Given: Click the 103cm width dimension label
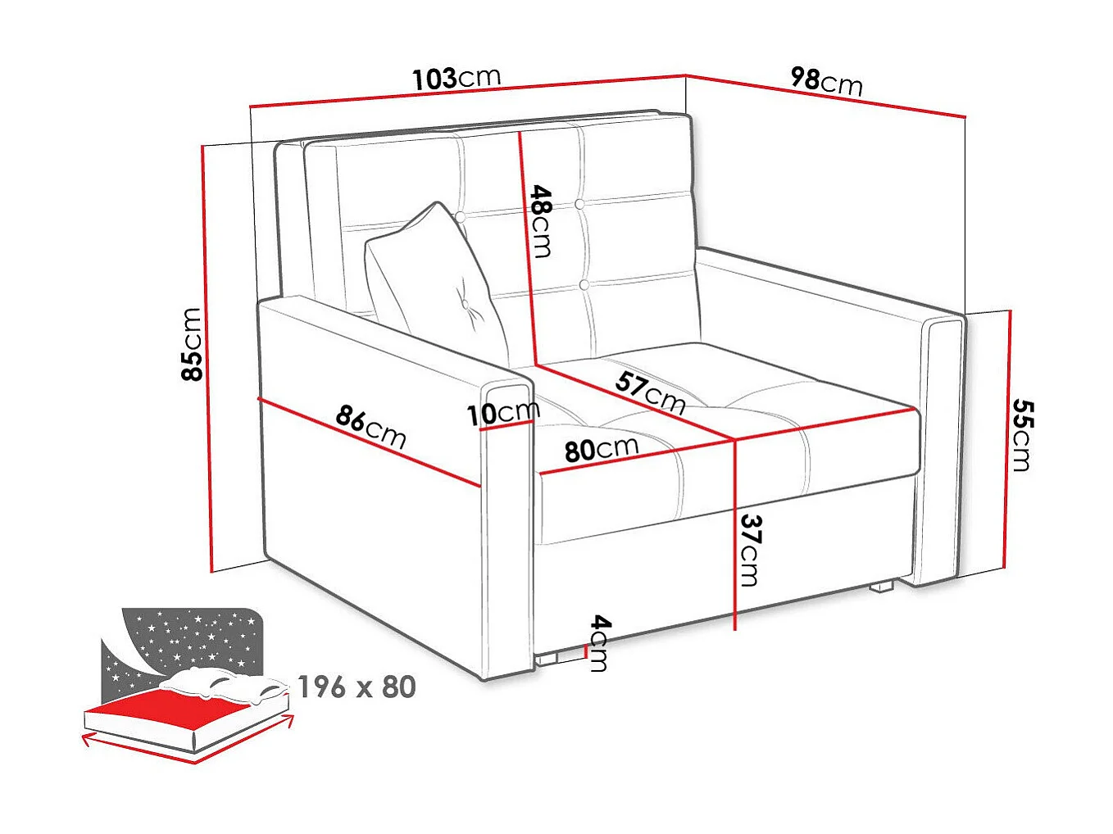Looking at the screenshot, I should [456, 79].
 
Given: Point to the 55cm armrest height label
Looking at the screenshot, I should [1021, 435].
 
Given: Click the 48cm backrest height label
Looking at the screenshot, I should [541, 220].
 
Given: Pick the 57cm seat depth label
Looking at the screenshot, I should [650, 392].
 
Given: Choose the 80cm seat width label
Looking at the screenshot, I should [601, 449].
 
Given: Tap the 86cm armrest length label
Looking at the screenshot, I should [370, 426].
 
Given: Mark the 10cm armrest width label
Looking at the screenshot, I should [502, 412].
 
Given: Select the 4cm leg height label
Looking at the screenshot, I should [600, 644].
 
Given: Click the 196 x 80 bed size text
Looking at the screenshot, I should [357, 687].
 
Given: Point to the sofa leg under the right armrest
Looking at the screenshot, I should [882, 586].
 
